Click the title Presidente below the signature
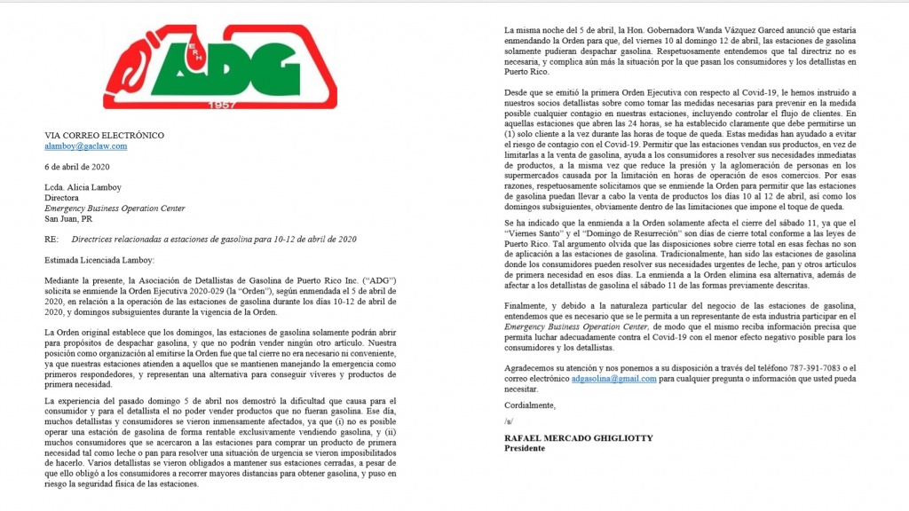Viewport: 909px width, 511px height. coord(525,448)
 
